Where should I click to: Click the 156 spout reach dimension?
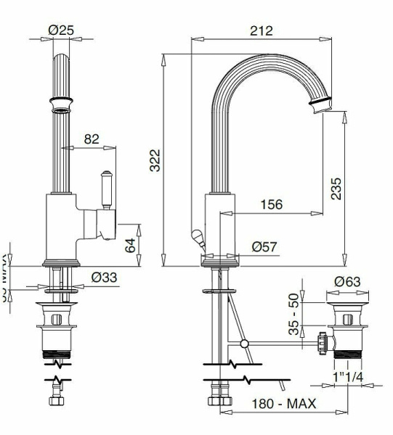270,205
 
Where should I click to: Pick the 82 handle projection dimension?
91,140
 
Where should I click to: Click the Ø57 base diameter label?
266,246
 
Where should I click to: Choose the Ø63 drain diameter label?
348,281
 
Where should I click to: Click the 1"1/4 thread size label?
349,378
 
